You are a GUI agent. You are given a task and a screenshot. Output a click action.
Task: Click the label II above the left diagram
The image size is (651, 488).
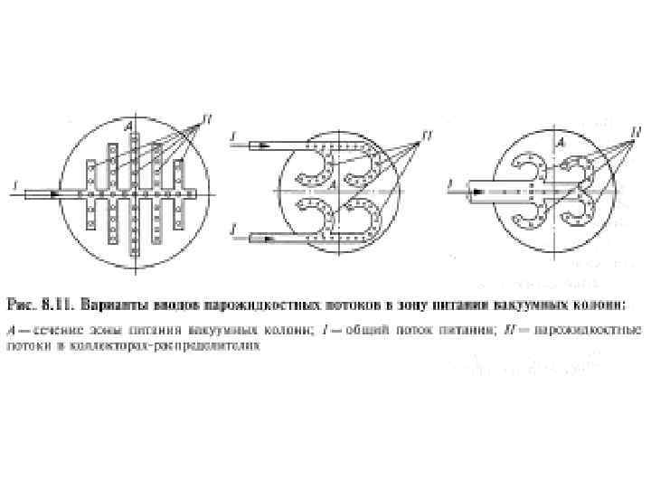(208, 117)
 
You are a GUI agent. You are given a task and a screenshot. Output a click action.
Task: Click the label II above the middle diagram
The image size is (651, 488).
(426, 135)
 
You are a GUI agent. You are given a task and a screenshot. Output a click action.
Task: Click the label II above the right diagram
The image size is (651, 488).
(636, 132)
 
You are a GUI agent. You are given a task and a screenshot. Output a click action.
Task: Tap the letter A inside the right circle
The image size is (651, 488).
(561, 142)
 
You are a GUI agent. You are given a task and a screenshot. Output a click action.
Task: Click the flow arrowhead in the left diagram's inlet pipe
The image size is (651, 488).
(56, 193)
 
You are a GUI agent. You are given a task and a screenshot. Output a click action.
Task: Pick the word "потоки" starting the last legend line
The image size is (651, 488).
(28, 344)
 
